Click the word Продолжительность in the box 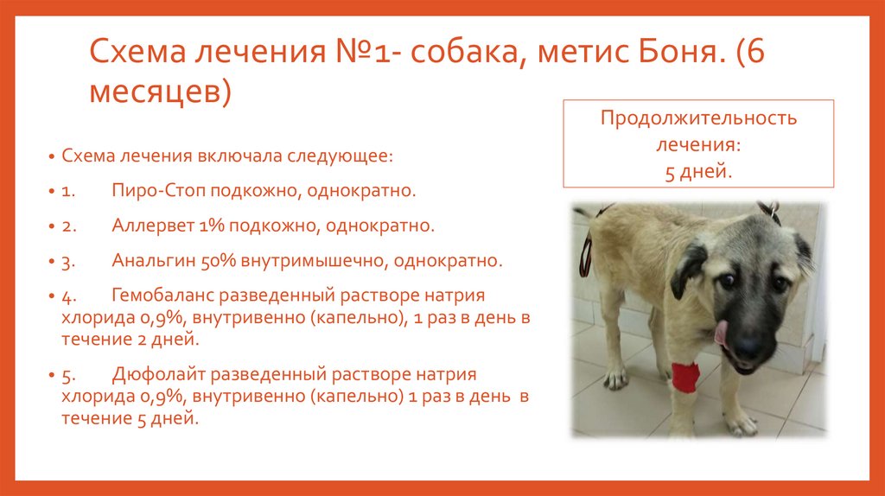(698, 118)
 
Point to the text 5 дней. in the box (698, 171)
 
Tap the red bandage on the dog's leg (685, 375)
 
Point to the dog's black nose (748, 347)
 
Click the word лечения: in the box (698, 144)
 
